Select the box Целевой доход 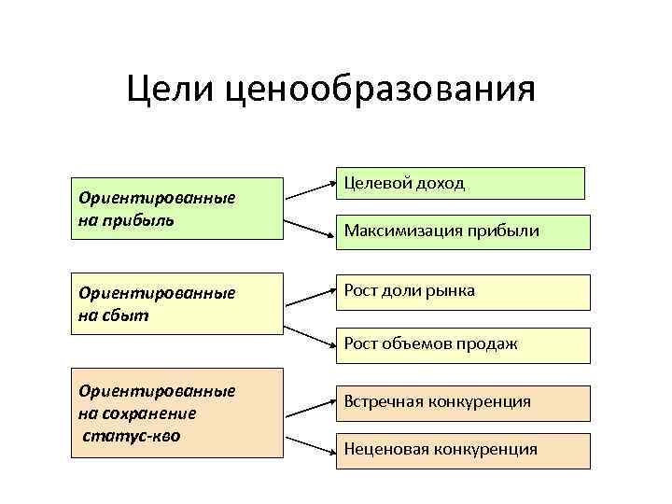tap(461, 183)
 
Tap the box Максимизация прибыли tap(463, 231)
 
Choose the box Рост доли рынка tap(463, 291)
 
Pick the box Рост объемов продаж tap(463, 344)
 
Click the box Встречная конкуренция tap(463, 401)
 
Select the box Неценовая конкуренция tap(463, 449)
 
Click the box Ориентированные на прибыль tap(177, 208)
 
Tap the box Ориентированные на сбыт tap(177, 303)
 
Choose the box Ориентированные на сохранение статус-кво tap(177, 412)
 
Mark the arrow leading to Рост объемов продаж tap(310, 337)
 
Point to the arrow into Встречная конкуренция tap(310, 405)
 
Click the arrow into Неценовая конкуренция tap(310, 444)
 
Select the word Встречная tap(385, 401)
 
